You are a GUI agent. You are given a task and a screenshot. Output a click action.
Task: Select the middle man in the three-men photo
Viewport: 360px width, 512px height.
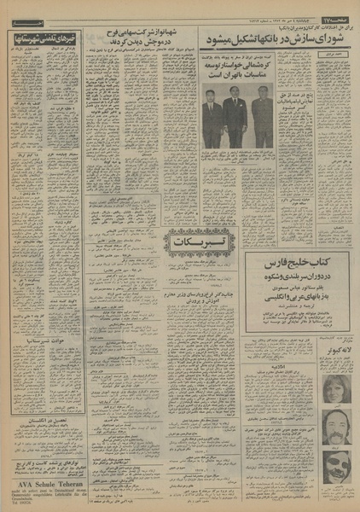tap(234, 119)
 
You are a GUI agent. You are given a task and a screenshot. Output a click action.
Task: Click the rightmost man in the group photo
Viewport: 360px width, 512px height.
tap(261, 119)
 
